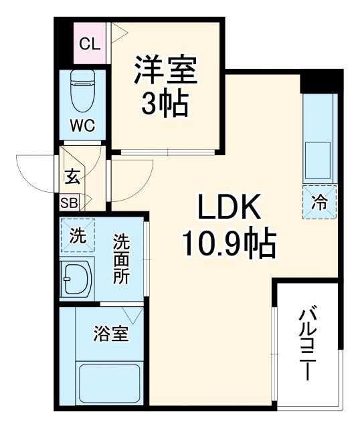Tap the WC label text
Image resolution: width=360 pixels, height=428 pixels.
point(83,125)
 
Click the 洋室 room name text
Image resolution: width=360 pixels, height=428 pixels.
point(165,72)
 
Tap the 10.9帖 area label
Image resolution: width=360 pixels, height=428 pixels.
point(228,246)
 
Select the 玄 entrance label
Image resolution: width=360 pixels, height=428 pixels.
point(72,179)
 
